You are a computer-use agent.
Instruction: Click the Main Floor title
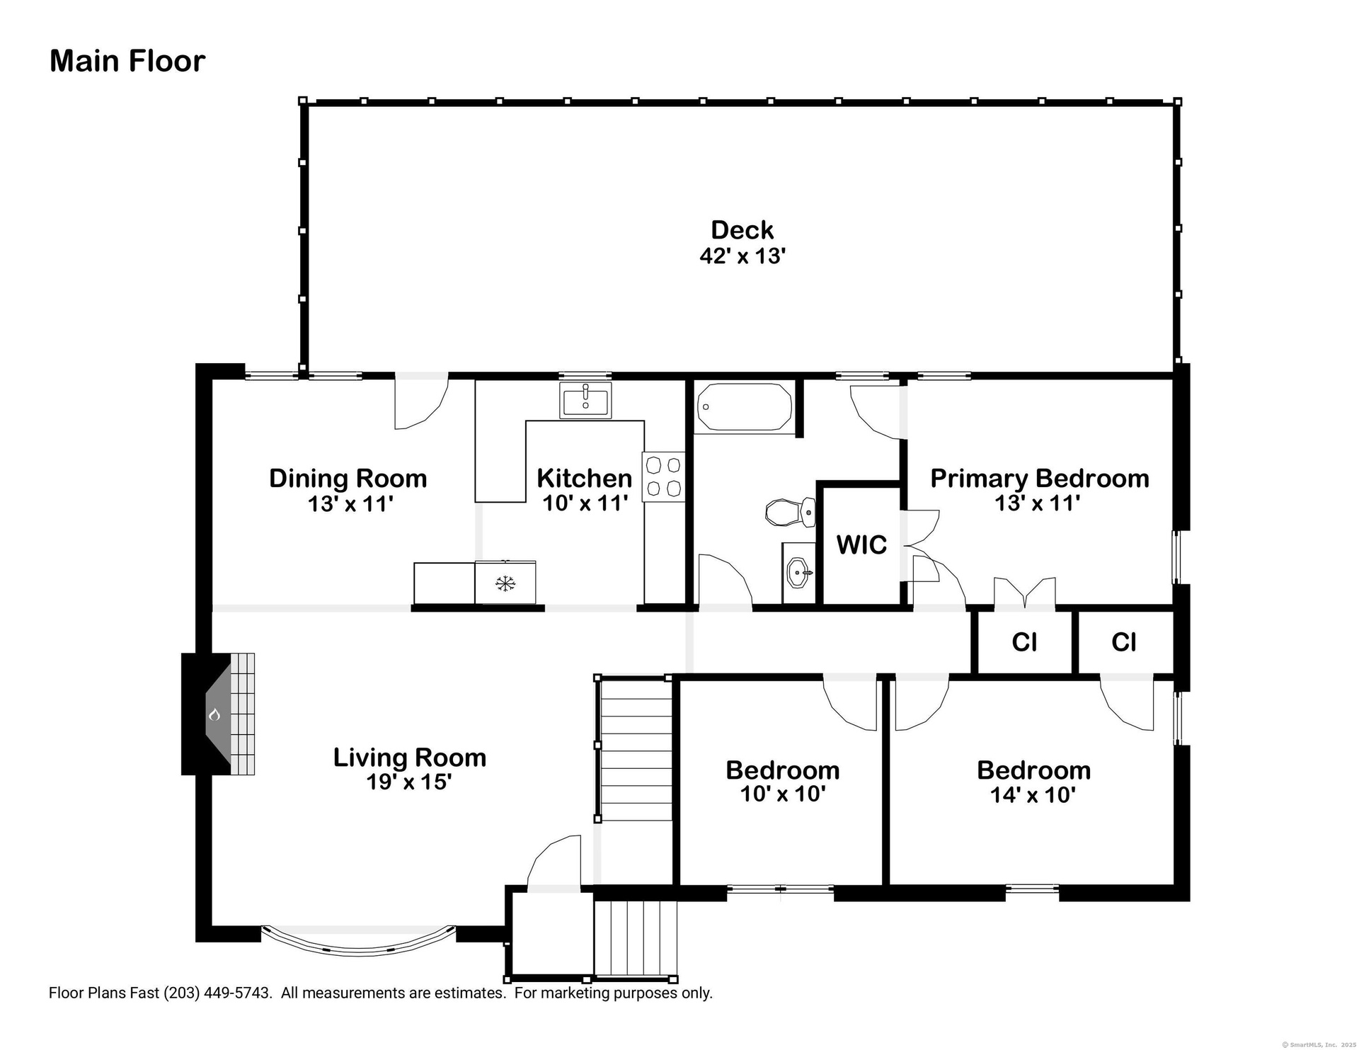click(127, 61)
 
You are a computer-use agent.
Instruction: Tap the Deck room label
click(742, 229)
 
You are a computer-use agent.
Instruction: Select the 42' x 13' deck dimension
click(742, 256)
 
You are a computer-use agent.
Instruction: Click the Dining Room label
click(348, 478)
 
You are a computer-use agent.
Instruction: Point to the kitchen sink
click(585, 400)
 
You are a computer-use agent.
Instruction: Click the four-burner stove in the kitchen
click(664, 477)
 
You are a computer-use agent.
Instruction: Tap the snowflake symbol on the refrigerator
click(505, 583)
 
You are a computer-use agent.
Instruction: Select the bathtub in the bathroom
click(744, 406)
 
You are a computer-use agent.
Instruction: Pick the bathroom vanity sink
click(799, 573)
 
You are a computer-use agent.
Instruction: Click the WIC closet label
click(861, 544)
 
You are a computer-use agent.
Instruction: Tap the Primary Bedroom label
click(1039, 478)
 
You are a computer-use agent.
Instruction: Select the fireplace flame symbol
click(214, 714)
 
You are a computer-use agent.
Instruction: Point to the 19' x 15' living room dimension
click(409, 782)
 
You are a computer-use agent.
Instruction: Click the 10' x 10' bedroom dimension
click(783, 794)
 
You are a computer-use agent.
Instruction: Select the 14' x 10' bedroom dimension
click(1033, 794)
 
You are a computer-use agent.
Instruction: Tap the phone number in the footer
click(217, 993)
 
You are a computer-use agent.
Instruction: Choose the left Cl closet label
click(1024, 642)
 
